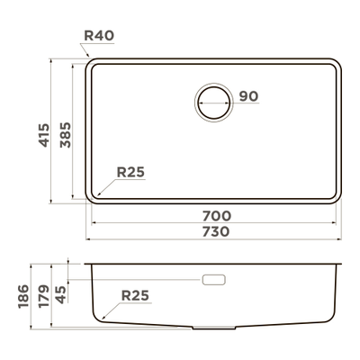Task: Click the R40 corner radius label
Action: click(99, 36)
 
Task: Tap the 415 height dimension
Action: click(44, 135)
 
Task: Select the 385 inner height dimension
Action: click(66, 135)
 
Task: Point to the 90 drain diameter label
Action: click(248, 96)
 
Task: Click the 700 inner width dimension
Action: click(217, 216)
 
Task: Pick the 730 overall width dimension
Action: click(216, 231)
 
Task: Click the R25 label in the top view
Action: click(130, 172)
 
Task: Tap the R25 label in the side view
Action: click(135, 296)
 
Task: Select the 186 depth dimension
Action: click(23, 296)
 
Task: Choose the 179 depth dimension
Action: click(44, 296)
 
